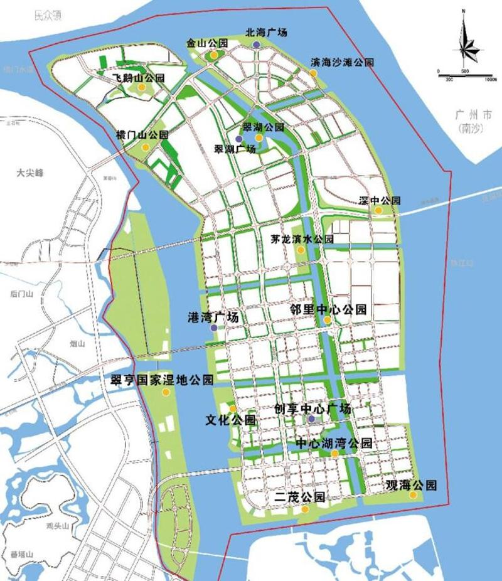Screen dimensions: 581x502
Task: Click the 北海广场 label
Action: pos(267,32)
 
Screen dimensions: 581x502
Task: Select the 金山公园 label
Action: pos(207,44)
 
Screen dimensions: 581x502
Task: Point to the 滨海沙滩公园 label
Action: pos(343,63)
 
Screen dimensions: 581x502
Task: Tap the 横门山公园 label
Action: pos(142,135)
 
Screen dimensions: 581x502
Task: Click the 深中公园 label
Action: pos(380,201)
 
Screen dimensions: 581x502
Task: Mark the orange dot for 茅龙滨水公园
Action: pos(301,250)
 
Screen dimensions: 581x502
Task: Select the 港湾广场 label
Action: pos(213,317)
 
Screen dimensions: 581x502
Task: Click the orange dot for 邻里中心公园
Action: pos(328,320)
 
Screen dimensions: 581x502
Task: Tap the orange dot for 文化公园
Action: pos(233,408)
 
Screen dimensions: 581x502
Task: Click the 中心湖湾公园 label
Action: pos(334,443)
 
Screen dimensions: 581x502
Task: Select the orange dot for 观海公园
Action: pos(413,494)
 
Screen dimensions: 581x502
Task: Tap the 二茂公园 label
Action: pos(300,497)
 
